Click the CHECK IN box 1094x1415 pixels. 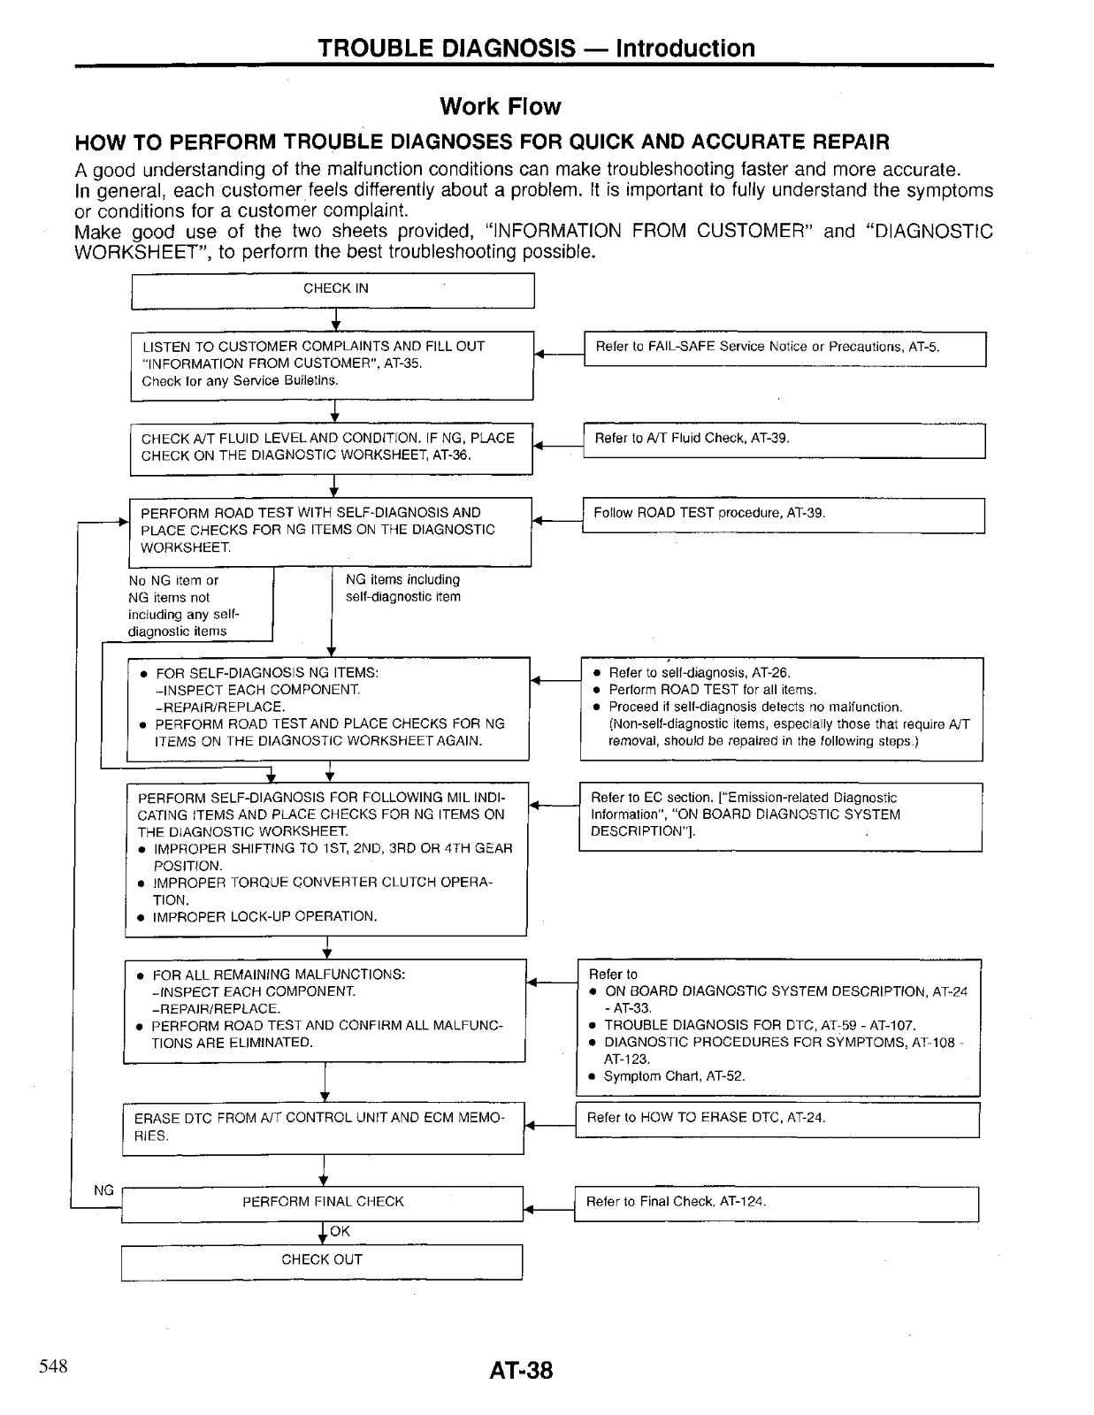333,291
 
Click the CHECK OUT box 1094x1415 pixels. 322,1261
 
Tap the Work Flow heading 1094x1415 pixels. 500,107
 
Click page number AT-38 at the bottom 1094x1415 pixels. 521,1371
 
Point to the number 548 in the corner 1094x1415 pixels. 53,1366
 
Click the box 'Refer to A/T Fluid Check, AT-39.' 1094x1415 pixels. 784,440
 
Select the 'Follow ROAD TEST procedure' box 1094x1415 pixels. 784,515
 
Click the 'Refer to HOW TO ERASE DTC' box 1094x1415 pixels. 777,1120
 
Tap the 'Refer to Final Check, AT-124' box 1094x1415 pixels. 777,1204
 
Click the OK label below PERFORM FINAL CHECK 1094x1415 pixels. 340,1231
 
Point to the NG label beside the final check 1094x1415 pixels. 103,1190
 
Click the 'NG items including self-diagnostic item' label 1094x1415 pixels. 403,588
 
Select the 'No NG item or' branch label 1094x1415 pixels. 174,581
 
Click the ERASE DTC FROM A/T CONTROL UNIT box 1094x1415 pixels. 323,1128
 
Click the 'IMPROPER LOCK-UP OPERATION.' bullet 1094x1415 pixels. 264,917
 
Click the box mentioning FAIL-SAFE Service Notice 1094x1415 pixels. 784,348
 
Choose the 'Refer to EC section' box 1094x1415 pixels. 780,815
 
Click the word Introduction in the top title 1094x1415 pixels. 685,49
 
